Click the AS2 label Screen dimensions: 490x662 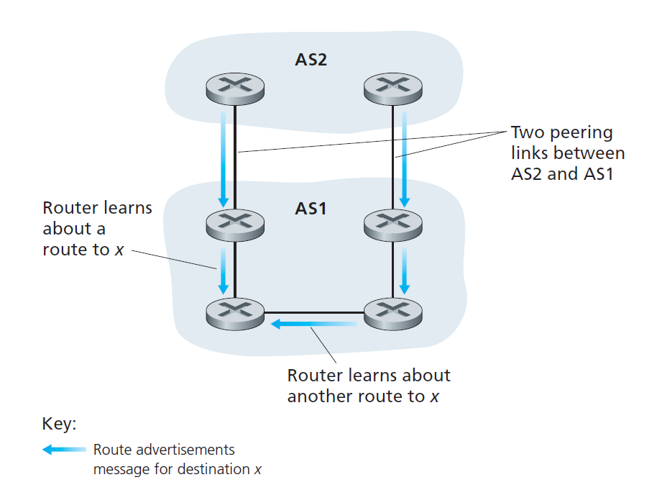311,59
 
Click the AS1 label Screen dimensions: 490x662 311,209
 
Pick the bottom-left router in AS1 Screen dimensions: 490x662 234,312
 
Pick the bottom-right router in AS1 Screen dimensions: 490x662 392,312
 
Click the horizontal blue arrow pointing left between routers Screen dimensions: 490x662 313,325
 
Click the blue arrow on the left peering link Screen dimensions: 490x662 224,157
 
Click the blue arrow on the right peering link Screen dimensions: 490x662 405,157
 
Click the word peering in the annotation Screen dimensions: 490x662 581,133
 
